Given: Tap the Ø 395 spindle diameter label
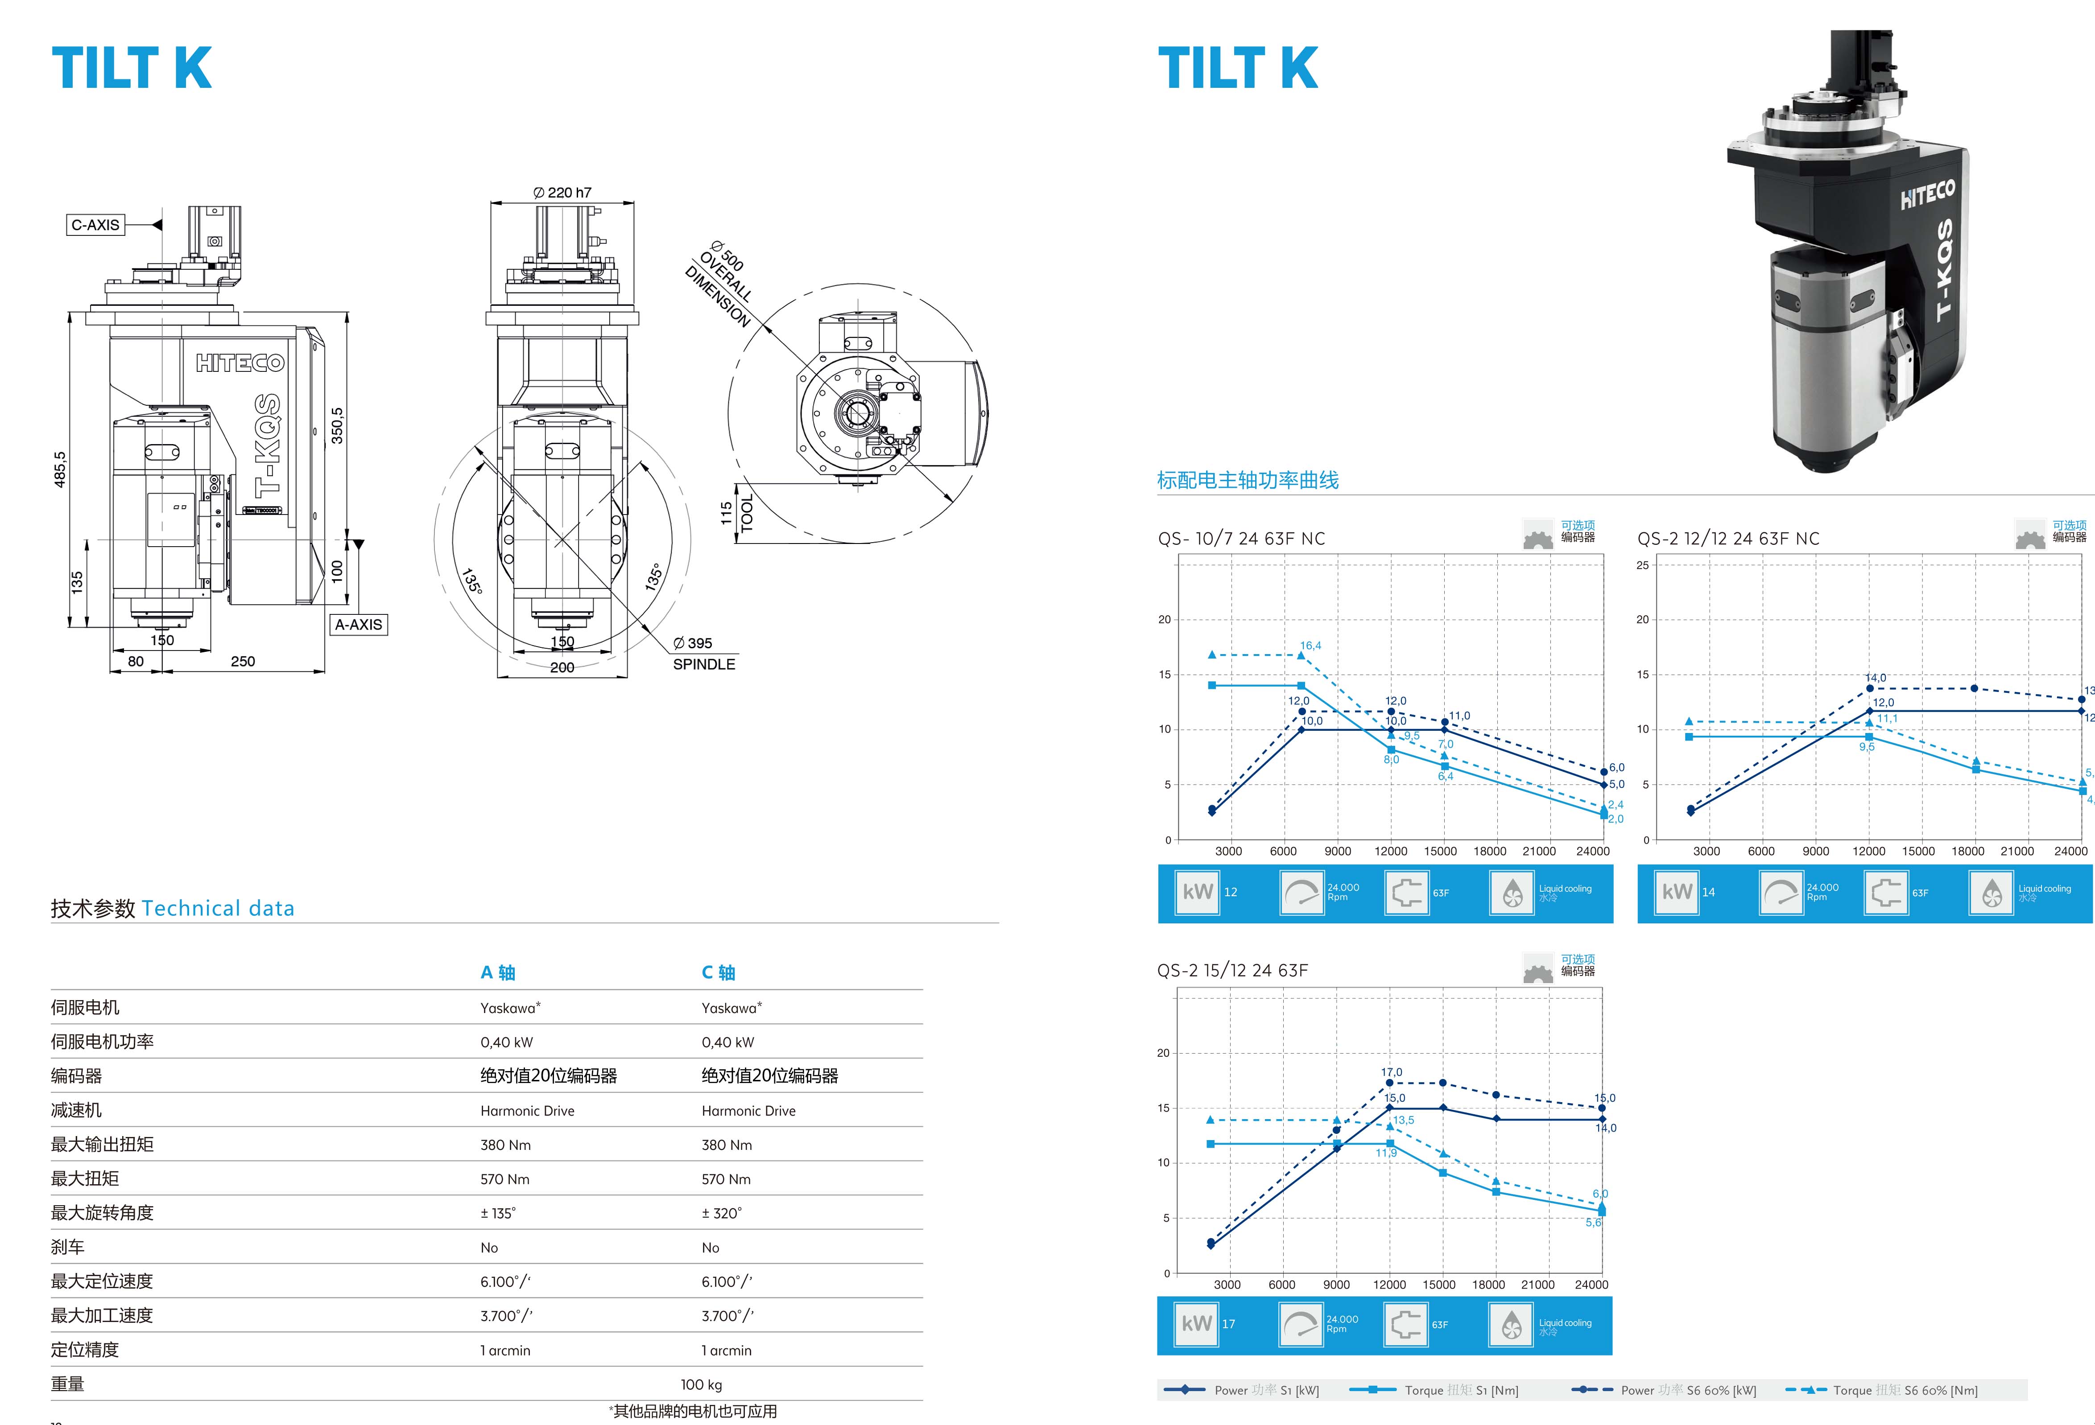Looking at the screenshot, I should coord(692,642).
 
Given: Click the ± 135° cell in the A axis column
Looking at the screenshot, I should coord(499,1213).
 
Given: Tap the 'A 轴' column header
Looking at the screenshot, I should coord(498,972).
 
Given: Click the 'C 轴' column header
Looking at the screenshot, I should coord(719,972).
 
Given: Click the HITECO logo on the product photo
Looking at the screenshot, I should coord(1927,194).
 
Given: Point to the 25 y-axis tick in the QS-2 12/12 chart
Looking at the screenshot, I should coord(1642,565).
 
